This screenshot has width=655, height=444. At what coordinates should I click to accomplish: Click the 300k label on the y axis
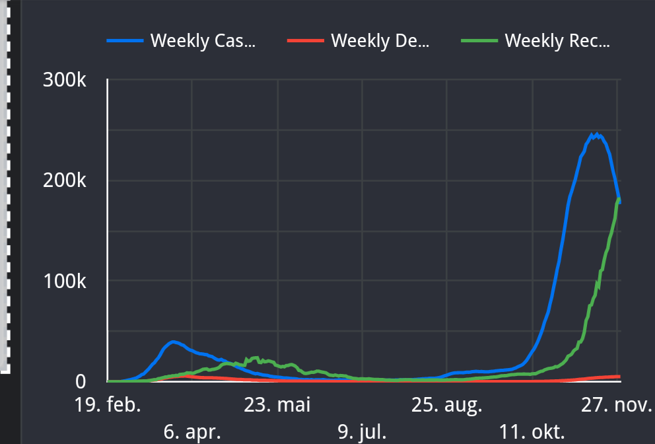click(64, 81)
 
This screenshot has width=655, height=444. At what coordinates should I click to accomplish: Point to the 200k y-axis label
click(64, 180)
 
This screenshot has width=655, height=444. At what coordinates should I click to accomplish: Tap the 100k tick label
click(64, 281)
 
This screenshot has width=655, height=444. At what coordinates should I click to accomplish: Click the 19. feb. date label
click(107, 404)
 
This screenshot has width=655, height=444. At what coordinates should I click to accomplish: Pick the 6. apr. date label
click(192, 433)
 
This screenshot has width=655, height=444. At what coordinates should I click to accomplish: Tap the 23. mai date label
click(277, 404)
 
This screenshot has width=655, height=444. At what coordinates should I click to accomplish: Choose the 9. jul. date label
click(362, 433)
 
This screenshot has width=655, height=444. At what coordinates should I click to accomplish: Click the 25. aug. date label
click(447, 404)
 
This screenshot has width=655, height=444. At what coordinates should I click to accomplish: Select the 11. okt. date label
click(532, 433)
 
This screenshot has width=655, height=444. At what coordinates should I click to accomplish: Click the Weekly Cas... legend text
click(203, 41)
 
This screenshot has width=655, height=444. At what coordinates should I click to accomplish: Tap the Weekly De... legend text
click(380, 41)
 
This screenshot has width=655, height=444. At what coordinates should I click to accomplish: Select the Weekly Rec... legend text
click(557, 41)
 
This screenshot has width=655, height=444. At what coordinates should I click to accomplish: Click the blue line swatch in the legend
click(125, 41)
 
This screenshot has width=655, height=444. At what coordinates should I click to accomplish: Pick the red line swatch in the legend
click(306, 41)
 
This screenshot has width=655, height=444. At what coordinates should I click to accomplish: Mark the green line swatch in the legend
click(479, 41)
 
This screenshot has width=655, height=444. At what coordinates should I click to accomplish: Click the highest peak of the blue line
click(596, 134)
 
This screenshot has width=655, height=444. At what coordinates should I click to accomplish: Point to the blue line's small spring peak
click(173, 342)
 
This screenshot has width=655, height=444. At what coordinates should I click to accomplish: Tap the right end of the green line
click(619, 199)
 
